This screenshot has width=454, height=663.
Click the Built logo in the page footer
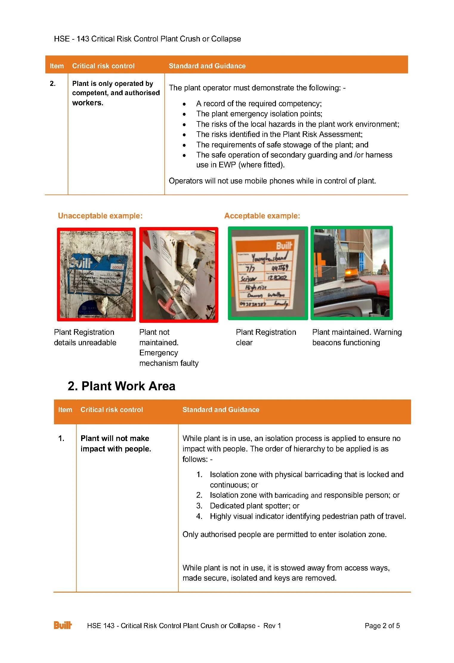coord(63,625)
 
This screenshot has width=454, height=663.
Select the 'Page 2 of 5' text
coord(382,626)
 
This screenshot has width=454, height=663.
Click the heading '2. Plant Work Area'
coord(121,386)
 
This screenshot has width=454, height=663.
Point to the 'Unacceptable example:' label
coord(100,216)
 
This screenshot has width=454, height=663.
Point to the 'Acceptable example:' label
coord(262,216)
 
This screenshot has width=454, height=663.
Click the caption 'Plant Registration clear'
coord(265,337)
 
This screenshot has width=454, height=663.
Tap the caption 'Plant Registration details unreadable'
coord(85,337)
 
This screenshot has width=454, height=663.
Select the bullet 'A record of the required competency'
coord(259,104)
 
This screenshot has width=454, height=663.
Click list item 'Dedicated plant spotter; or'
coord(254,506)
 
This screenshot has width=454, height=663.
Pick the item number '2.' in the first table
coord(53,84)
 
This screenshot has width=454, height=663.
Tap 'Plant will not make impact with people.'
coord(116,443)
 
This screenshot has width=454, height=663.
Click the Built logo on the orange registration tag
coord(284,246)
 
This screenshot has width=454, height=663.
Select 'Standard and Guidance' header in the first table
coord(207,66)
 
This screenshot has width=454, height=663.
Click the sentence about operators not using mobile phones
coord(272,181)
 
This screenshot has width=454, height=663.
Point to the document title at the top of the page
coord(147,39)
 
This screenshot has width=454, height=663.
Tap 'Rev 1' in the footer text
coord(272,626)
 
